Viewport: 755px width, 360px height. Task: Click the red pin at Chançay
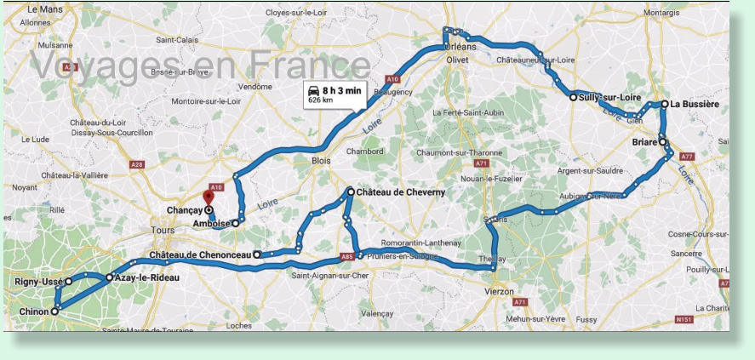click(x=209, y=197)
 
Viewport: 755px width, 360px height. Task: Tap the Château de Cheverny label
click(x=400, y=192)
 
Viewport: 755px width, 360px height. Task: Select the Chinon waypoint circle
click(x=54, y=311)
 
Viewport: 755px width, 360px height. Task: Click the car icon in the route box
click(x=312, y=90)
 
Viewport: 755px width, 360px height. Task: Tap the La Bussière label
click(x=695, y=104)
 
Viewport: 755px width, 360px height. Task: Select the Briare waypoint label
click(x=644, y=142)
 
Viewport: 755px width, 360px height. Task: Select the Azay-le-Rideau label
click(x=147, y=277)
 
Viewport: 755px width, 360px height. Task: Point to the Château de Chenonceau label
click(x=199, y=254)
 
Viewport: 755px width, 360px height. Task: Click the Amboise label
click(x=212, y=223)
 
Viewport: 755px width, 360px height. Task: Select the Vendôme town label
click(x=255, y=87)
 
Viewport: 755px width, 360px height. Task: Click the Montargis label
click(x=661, y=13)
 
